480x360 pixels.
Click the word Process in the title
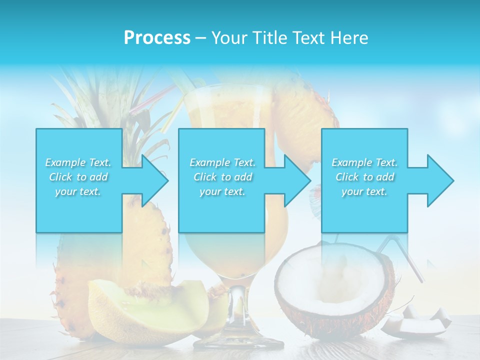pos(157,38)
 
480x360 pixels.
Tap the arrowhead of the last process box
pos(439,180)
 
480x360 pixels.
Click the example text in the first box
pos(78,177)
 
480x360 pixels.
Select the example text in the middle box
pos(222,177)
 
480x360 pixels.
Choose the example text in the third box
pos(364,177)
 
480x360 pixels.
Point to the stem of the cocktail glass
pos(237,310)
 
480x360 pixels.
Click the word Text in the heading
pos(306,38)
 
